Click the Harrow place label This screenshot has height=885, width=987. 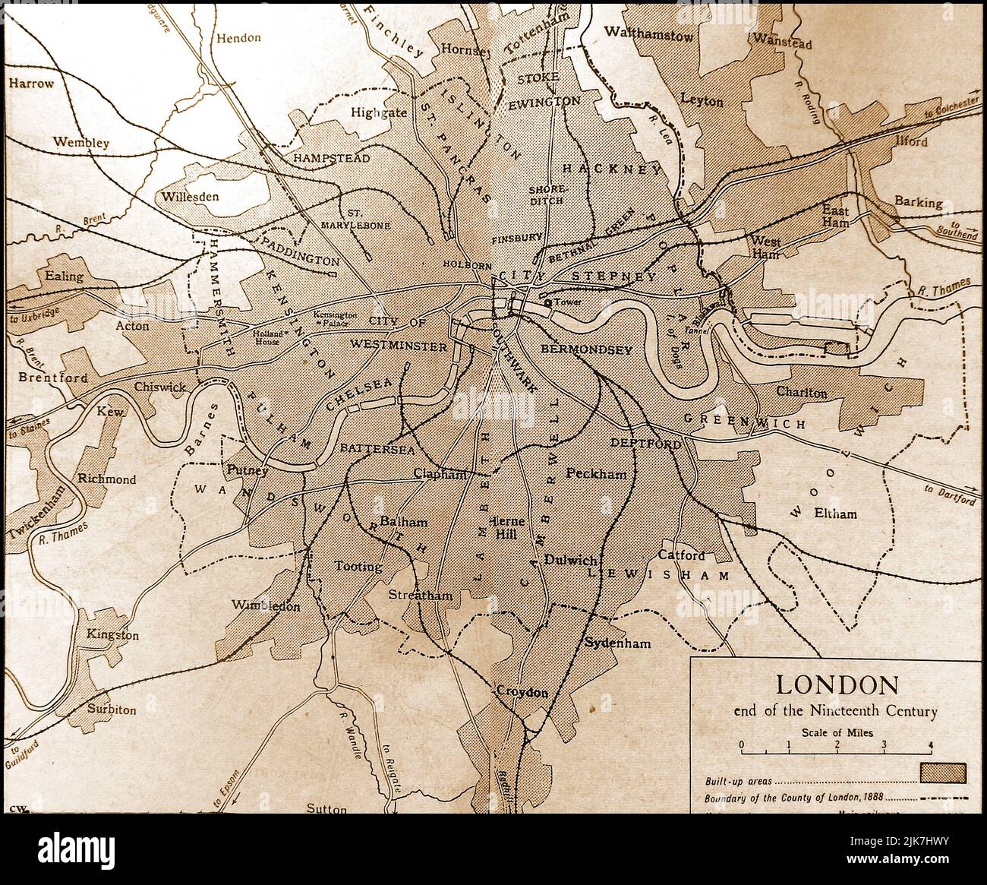pyautogui.click(x=32, y=84)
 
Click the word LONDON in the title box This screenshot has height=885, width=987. pyautogui.click(x=836, y=685)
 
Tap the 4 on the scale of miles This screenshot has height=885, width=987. pyautogui.click(x=931, y=744)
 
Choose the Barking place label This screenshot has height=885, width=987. pyautogui.click(x=918, y=203)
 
